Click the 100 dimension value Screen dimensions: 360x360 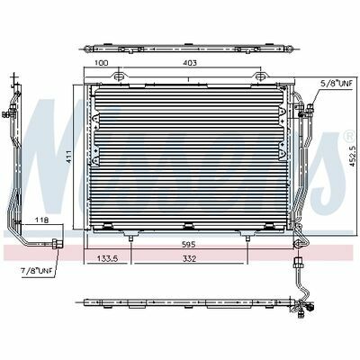click(101, 63)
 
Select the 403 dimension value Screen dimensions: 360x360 click(190, 63)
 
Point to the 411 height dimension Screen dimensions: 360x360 click(68, 157)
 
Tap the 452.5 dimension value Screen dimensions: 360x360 click(353, 156)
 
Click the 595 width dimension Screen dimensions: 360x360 click(189, 244)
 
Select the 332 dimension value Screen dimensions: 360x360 click(190, 258)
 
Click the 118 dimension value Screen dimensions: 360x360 click(41, 220)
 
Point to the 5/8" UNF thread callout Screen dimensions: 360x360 click(336, 84)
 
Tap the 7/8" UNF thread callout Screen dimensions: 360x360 click(37, 271)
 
